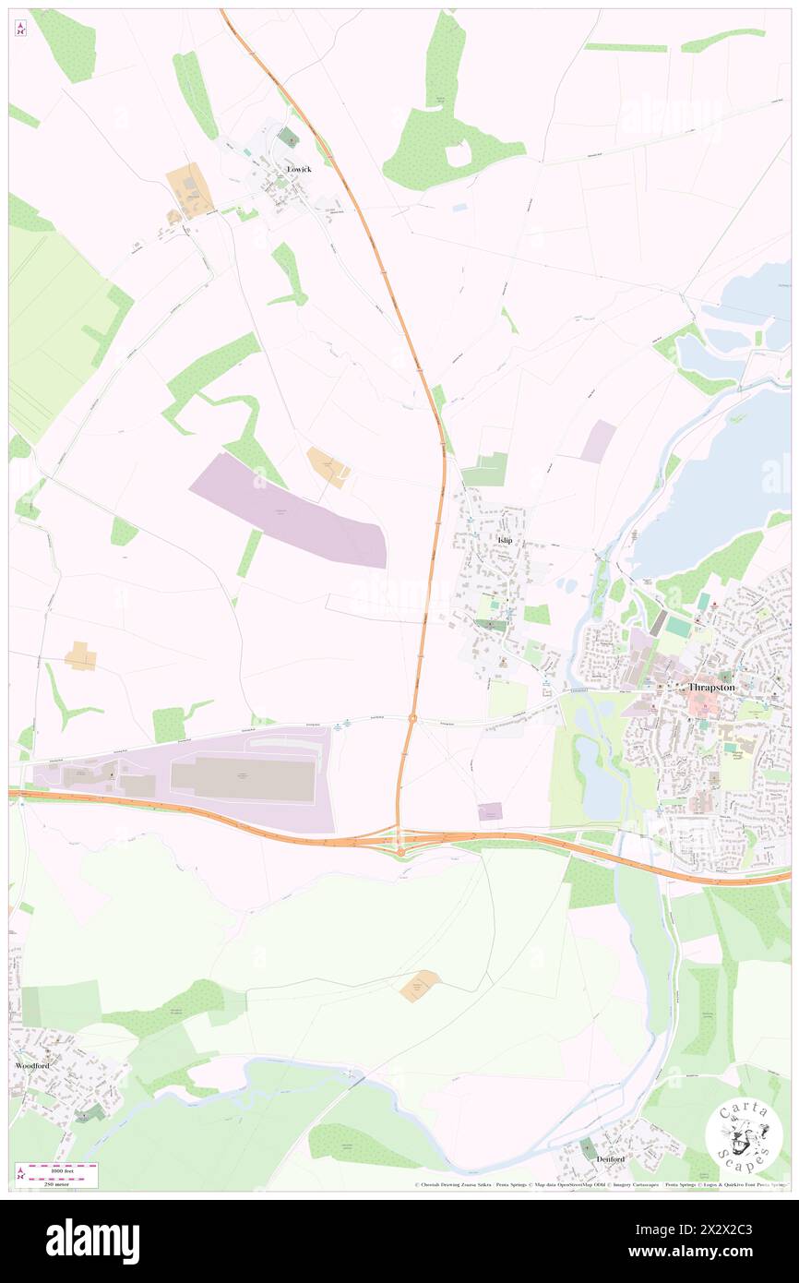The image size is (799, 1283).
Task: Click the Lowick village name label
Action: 299,170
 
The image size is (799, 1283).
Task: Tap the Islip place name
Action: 504,539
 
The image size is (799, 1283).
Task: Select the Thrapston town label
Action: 710,688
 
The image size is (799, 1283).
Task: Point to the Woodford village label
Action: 32,1065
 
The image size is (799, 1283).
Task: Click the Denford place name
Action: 610,1158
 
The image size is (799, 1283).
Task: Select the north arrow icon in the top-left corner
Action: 20,28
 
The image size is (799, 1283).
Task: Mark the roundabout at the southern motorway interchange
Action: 400,849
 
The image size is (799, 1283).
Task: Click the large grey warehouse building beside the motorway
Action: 243,778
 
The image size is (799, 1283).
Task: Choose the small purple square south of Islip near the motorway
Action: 490,811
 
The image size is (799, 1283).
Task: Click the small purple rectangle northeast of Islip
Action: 598,441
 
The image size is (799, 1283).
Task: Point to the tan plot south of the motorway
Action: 420,986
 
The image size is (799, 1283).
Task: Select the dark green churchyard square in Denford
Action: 589,1148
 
